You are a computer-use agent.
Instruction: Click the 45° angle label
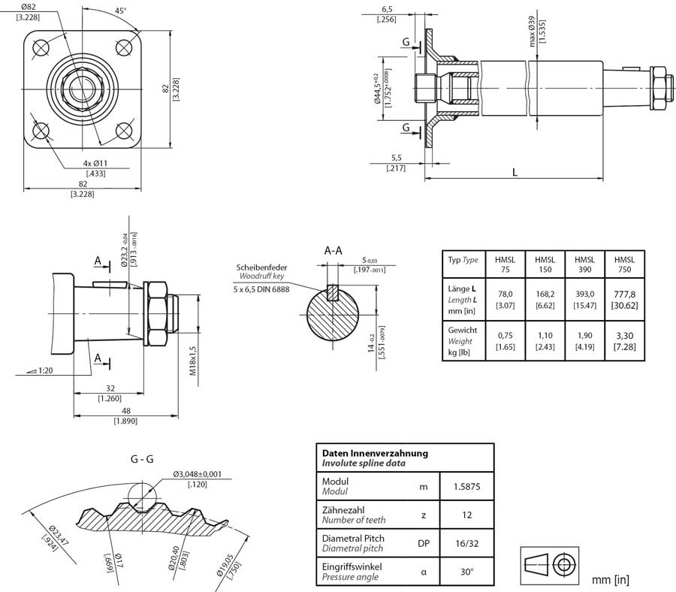(x=120, y=11)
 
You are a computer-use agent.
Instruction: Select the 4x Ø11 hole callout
(x=95, y=164)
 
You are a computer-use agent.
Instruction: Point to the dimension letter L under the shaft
(x=515, y=172)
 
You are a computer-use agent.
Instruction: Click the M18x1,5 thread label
(x=192, y=361)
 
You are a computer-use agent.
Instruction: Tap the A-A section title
(x=335, y=250)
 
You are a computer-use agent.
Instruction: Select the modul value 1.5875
(x=466, y=487)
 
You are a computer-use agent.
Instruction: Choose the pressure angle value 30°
(x=466, y=572)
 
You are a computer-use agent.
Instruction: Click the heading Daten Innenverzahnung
(x=375, y=453)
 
